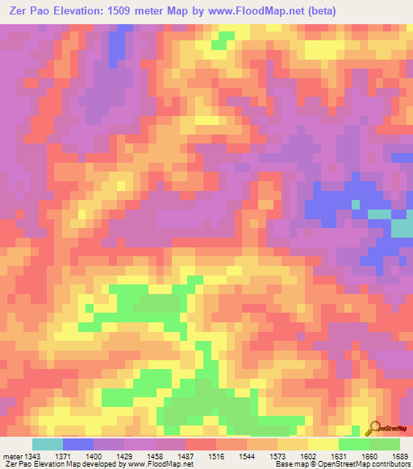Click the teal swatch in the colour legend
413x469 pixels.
point(48,444)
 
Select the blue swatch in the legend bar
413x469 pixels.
point(78,444)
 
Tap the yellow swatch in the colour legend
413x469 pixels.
point(323,444)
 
